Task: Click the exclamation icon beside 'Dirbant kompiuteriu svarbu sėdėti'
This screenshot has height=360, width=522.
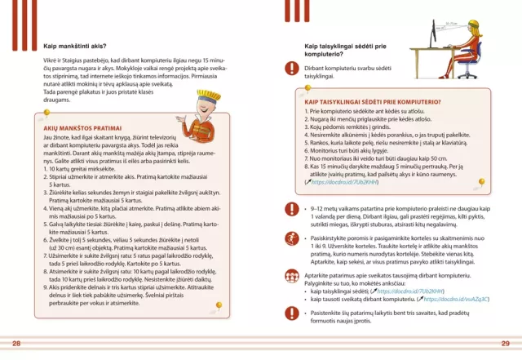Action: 290,69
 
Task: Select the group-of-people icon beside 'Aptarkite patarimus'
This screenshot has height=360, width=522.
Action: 290,278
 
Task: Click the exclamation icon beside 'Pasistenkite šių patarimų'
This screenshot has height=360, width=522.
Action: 290,314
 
